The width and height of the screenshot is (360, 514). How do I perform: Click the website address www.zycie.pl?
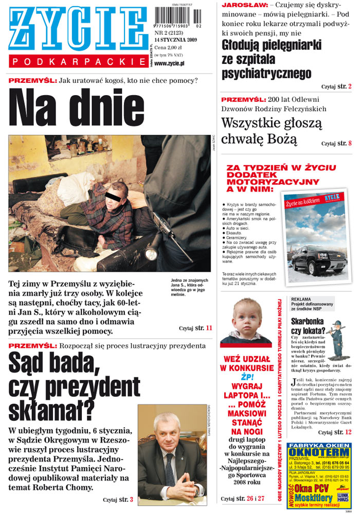pyautogui.click(x=169, y=63)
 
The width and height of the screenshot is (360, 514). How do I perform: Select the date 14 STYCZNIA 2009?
pyautogui.click(x=176, y=40)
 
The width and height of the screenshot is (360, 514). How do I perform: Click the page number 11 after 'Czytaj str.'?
pyautogui.click(x=208, y=328)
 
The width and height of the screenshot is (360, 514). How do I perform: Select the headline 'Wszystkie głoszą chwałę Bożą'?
pyautogui.click(x=272, y=131)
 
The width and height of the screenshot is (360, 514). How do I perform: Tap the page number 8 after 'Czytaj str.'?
pyautogui.click(x=350, y=143)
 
